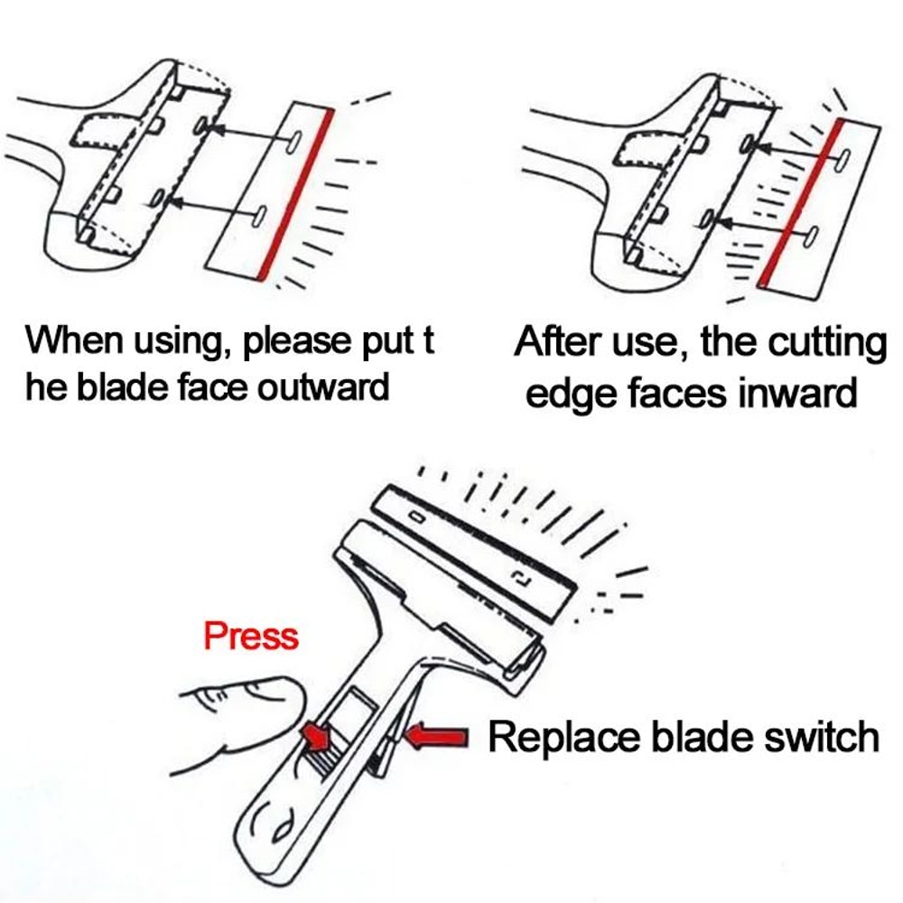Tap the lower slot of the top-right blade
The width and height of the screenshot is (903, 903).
coord(811,237)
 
